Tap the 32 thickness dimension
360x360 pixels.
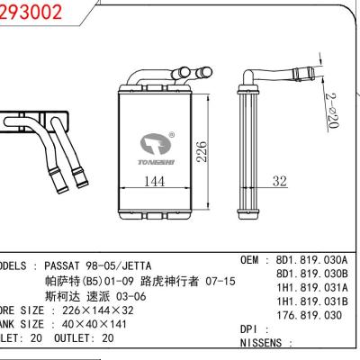[279, 181]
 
